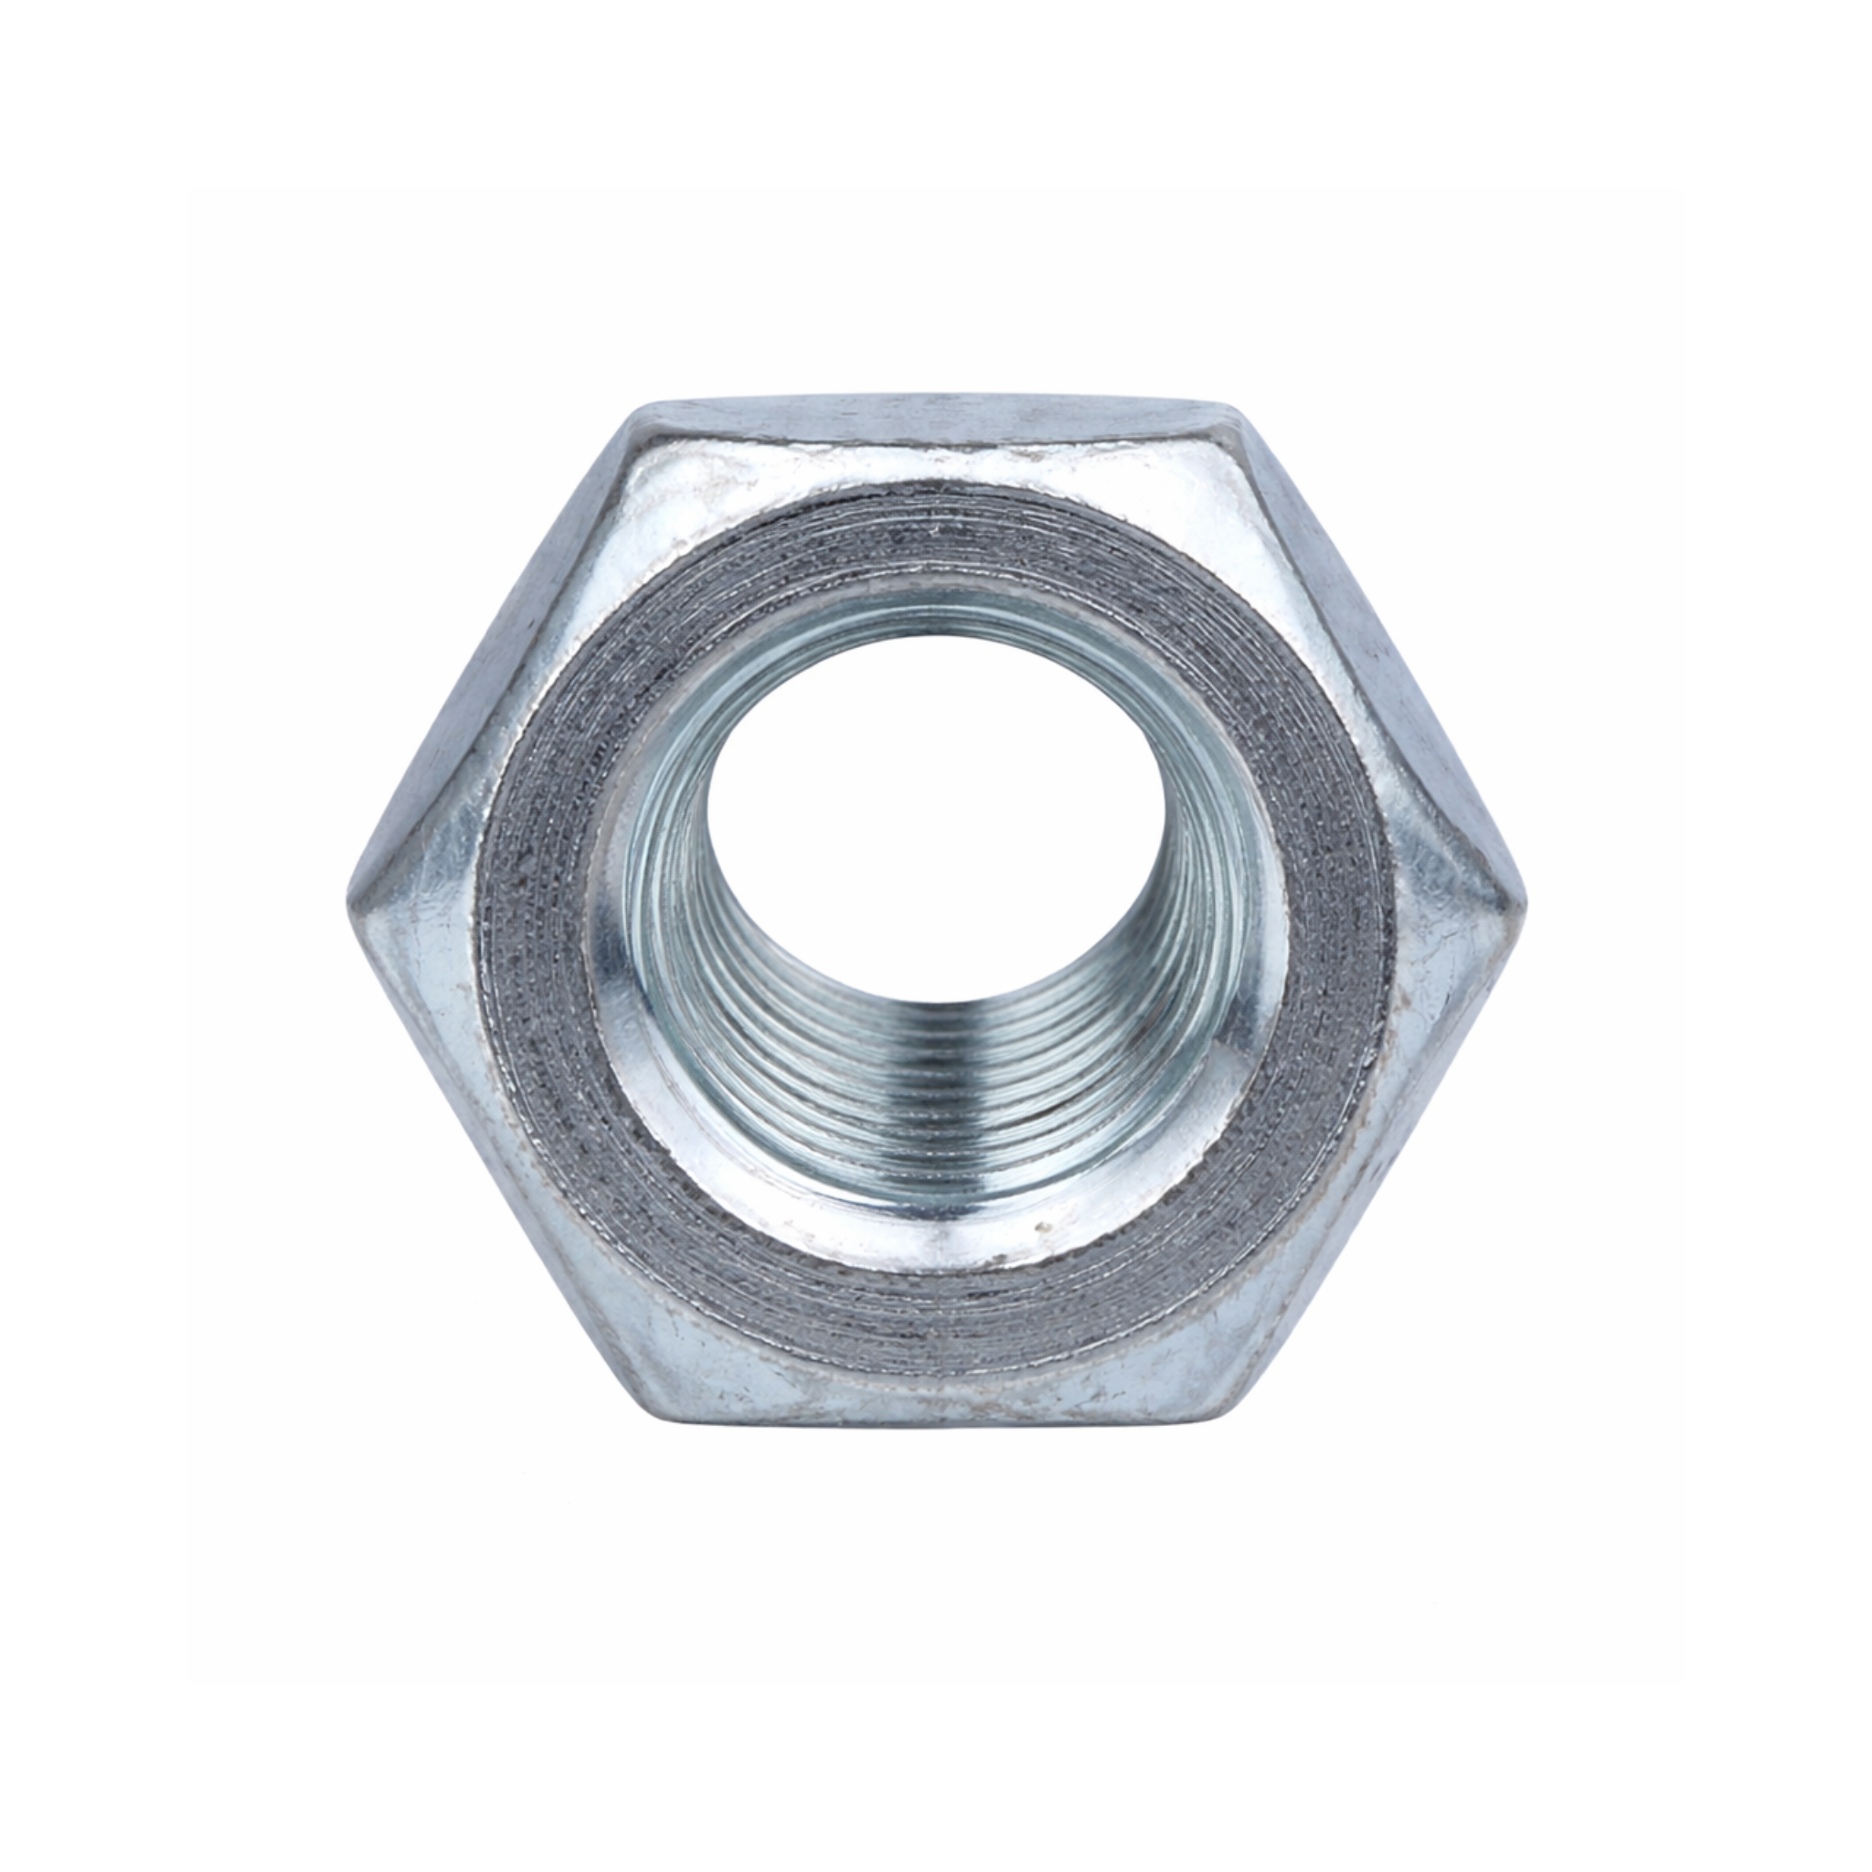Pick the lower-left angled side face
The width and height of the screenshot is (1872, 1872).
pos(504,1163)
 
